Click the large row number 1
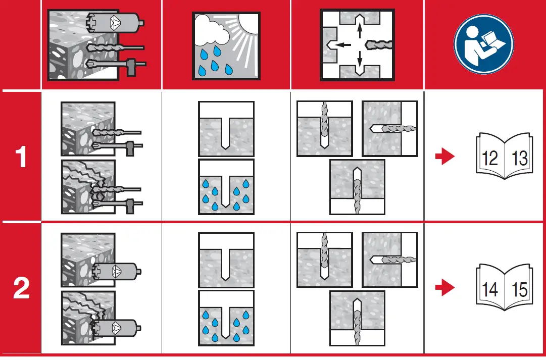click(x=21, y=158)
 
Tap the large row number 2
click(x=21, y=289)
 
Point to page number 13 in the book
click(x=519, y=158)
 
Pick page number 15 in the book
click(x=519, y=290)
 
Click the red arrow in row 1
click(x=444, y=157)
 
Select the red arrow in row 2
click(x=444, y=288)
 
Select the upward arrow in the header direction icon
click(x=360, y=30)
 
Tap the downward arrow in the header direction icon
click(x=360, y=62)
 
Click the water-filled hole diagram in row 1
click(x=226, y=187)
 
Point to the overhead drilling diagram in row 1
click(x=357, y=187)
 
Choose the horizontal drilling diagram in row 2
click(x=390, y=259)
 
